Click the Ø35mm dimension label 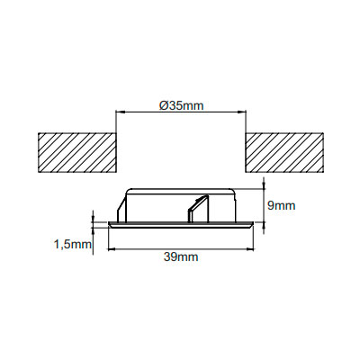click(181, 105)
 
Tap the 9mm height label click(281, 206)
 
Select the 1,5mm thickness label click(73, 245)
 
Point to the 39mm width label click(181, 257)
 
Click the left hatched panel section click(76, 153)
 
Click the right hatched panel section click(284, 153)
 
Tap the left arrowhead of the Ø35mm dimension click(120, 112)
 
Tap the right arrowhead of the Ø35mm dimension click(242, 112)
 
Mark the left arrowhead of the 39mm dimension click(112, 248)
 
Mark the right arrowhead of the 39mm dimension click(250, 248)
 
